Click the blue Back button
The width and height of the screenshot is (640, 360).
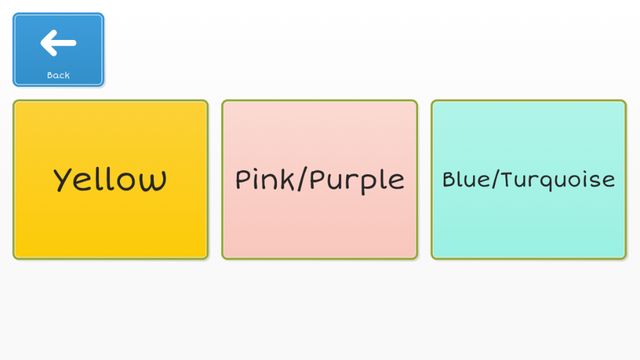(58, 50)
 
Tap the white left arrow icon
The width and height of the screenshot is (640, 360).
(58, 43)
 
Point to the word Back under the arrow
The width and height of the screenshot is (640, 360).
(58, 76)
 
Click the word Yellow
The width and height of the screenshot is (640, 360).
(111, 180)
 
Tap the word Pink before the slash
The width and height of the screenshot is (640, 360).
(263, 180)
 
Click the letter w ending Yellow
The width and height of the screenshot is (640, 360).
(155, 181)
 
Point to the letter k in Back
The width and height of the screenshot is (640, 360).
(67, 76)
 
